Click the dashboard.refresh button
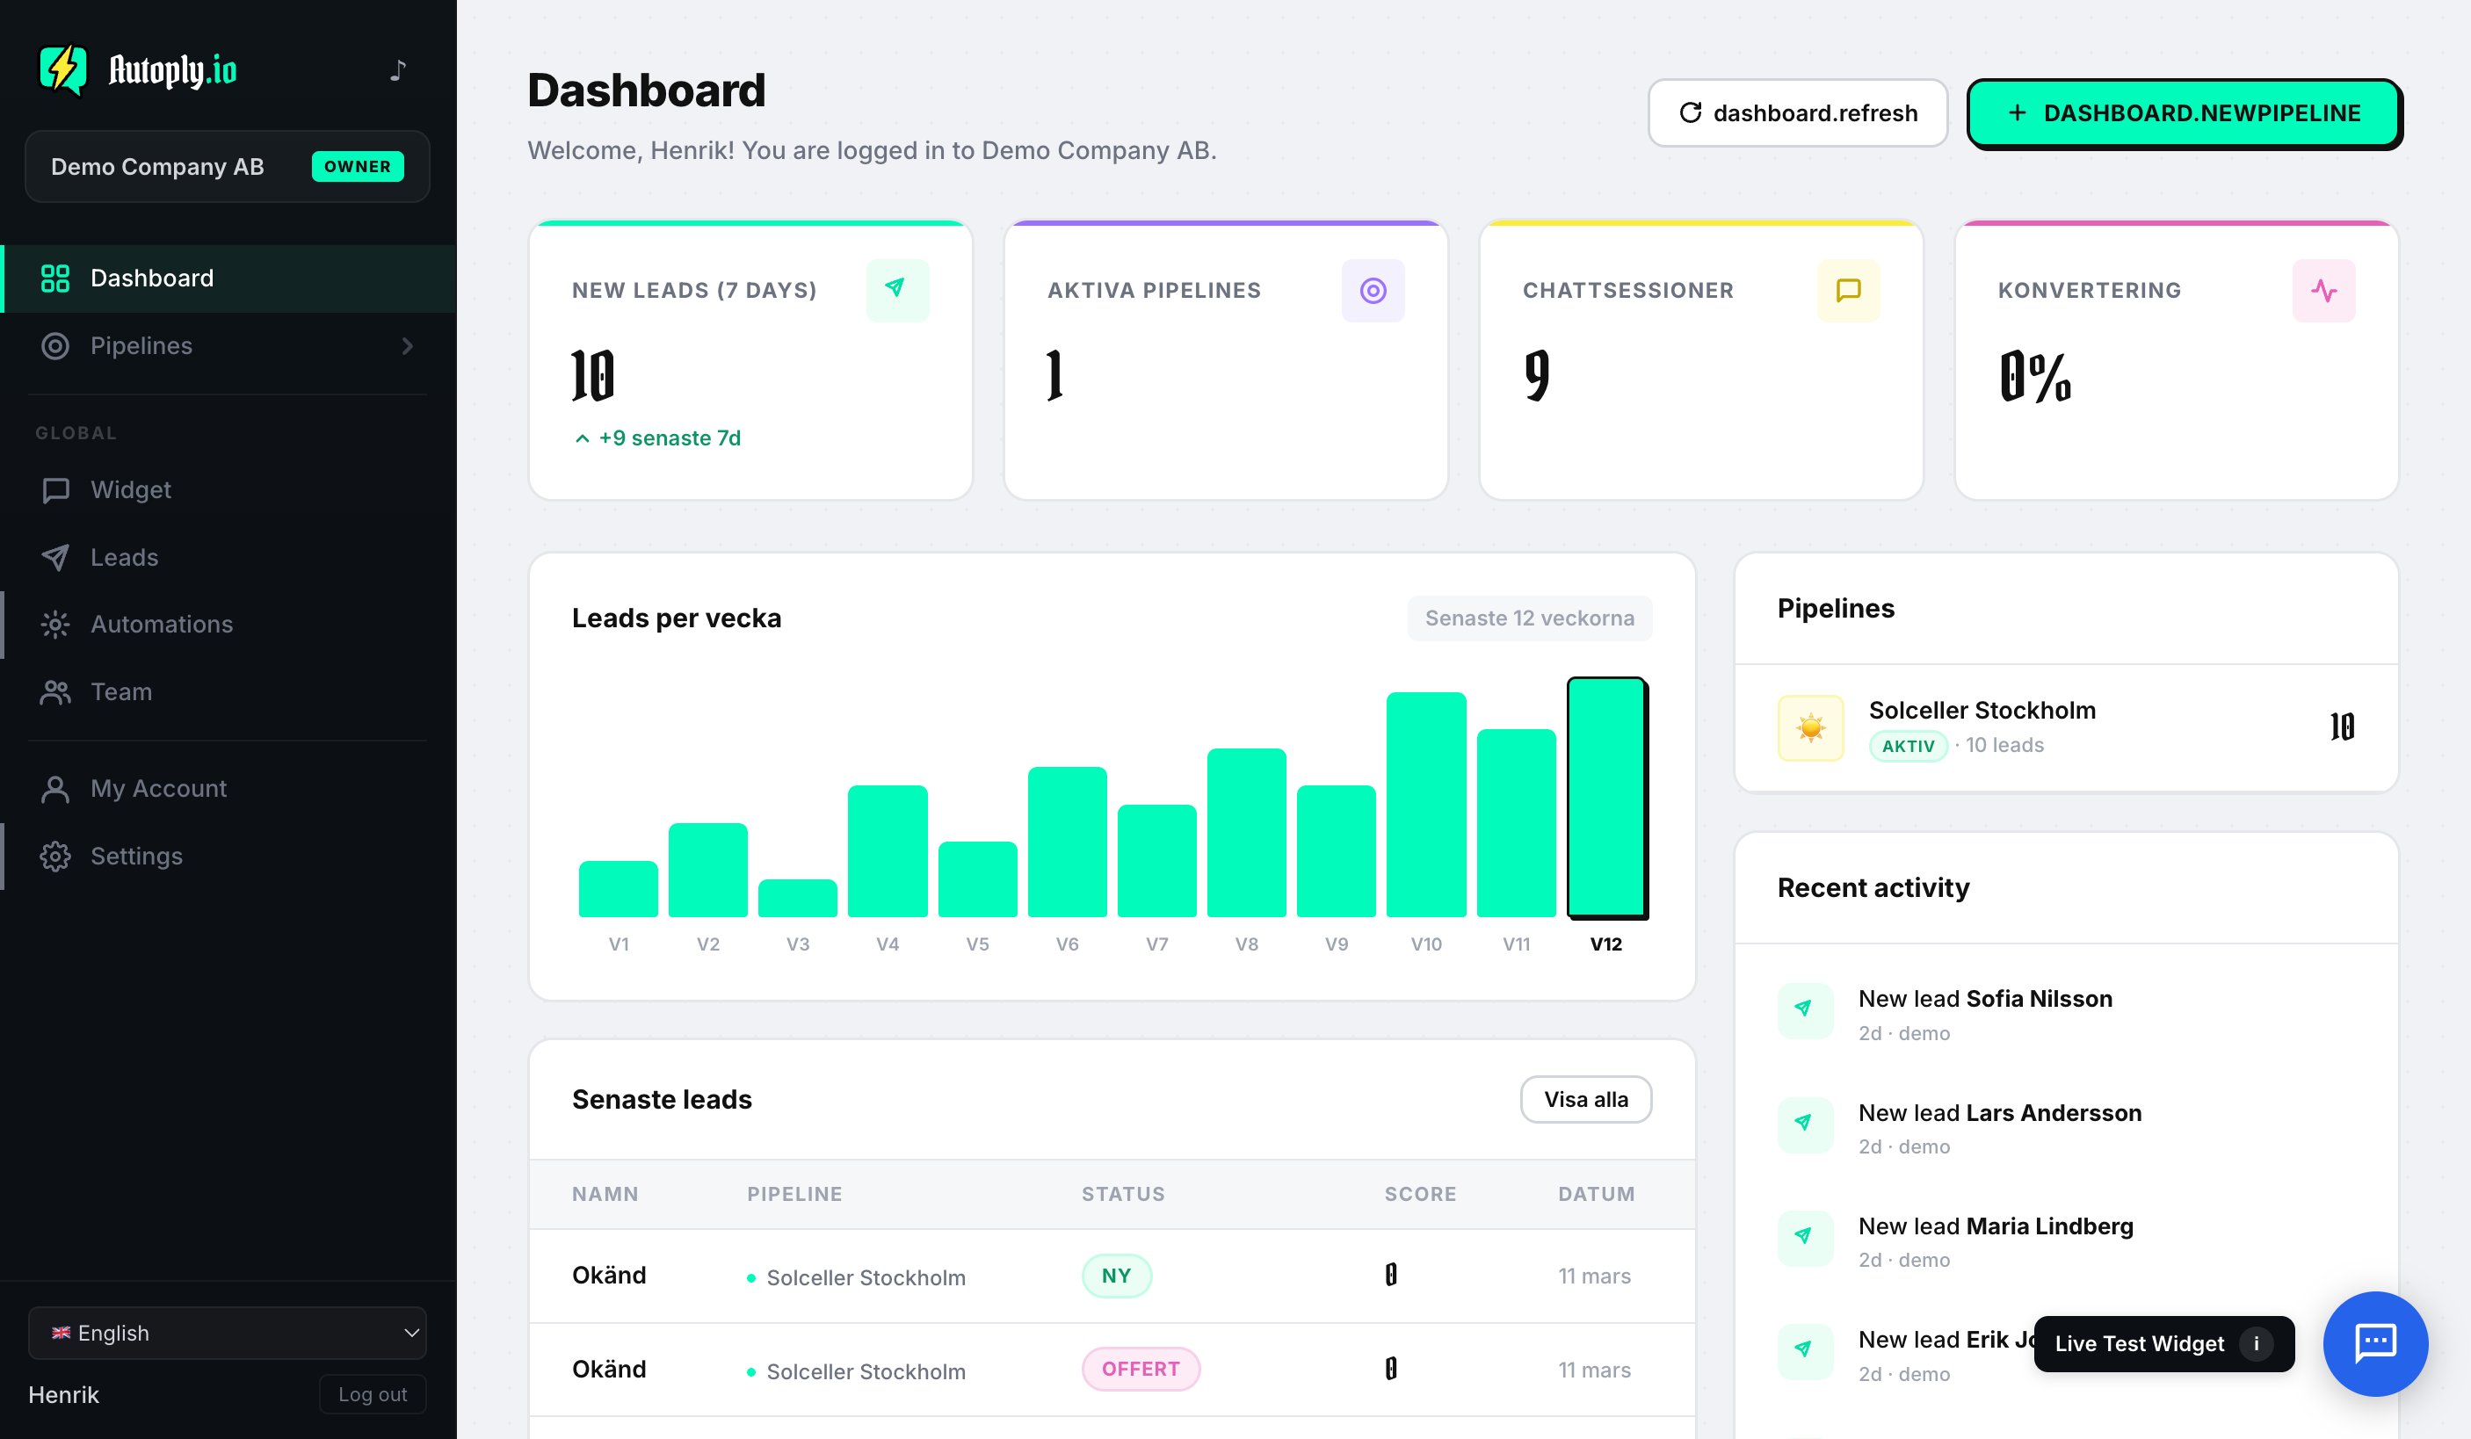[1796, 112]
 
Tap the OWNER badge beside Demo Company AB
[357, 167]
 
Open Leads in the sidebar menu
[124, 557]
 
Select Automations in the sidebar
[161, 625]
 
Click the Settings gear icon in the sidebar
[54, 856]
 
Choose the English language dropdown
[228, 1332]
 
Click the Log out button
[373, 1394]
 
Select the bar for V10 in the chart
[1425, 805]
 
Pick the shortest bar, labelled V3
[797, 898]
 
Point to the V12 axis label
[1605, 944]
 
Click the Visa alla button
[1585, 1099]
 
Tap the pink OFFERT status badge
[1141, 1369]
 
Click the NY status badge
[1116, 1276]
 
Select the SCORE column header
[1420, 1194]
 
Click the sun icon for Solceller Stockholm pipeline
[1810, 727]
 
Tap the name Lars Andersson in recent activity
[2054, 1112]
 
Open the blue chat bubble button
[2375, 1343]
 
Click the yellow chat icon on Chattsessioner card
[1847, 290]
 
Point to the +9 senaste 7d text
[670, 438]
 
